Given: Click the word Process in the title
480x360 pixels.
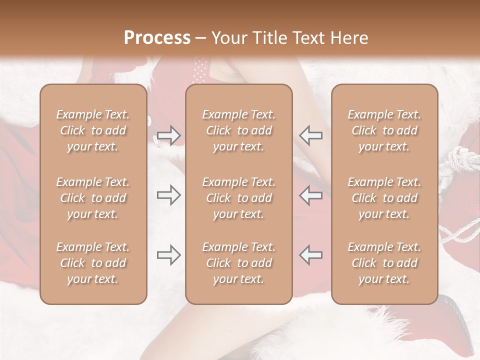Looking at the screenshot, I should [x=157, y=38].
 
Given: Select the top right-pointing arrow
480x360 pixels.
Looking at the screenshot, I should [x=169, y=135].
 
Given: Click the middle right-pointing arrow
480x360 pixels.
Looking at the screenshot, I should [x=169, y=195].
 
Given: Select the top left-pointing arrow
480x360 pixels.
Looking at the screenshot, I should [x=310, y=135].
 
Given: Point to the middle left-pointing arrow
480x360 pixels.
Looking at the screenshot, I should [x=310, y=195].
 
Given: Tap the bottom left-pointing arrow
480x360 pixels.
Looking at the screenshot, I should [x=310, y=255].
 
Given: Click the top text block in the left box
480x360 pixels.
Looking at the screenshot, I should [x=93, y=130].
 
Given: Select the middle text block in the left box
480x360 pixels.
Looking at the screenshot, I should [x=93, y=198].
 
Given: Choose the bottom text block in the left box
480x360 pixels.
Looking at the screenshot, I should [x=93, y=263].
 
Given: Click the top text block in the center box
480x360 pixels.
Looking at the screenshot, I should [x=238, y=130].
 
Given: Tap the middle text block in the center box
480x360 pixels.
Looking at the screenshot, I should [x=238, y=198].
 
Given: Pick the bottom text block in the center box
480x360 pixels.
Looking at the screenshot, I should [x=238, y=263].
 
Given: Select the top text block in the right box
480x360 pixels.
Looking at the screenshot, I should [x=384, y=130].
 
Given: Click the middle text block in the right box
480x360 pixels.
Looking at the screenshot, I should [x=384, y=198].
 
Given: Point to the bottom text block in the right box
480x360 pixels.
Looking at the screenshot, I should [x=384, y=263].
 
